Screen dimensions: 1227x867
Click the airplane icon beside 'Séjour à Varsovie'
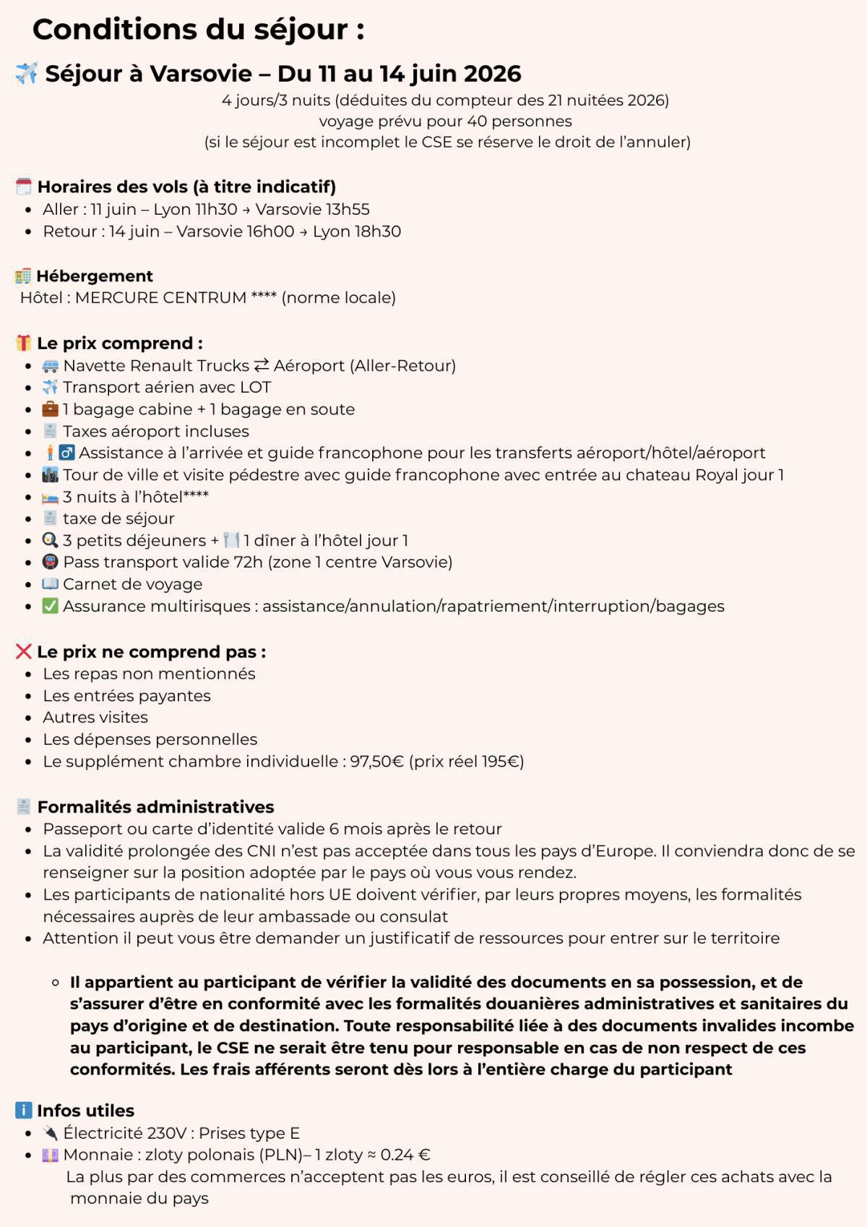pyautogui.click(x=26, y=73)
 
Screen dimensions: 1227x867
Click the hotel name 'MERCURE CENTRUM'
pyautogui.click(x=160, y=298)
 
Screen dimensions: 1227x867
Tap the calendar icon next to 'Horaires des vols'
pyautogui.click(x=24, y=187)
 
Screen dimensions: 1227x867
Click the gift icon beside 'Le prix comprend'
pyautogui.click(x=24, y=343)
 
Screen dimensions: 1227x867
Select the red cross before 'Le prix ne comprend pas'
pyautogui.click(x=24, y=651)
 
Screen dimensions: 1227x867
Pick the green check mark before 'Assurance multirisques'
pyautogui.click(x=50, y=606)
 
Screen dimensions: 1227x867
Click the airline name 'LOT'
pyautogui.click(x=256, y=388)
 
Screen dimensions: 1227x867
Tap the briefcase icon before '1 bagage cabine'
pyautogui.click(x=50, y=409)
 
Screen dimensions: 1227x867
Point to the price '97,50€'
pyautogui.click(x=376, y=761)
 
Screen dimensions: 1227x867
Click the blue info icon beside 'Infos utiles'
pyautogui.click(x=24, y=1110)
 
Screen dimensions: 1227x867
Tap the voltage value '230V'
pyautogui.click(x=166, y=1133)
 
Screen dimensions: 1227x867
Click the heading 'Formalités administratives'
pyautogui.click(x=155, y=807)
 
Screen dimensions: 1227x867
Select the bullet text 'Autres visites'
pyautogui.click(x=95, y=717)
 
